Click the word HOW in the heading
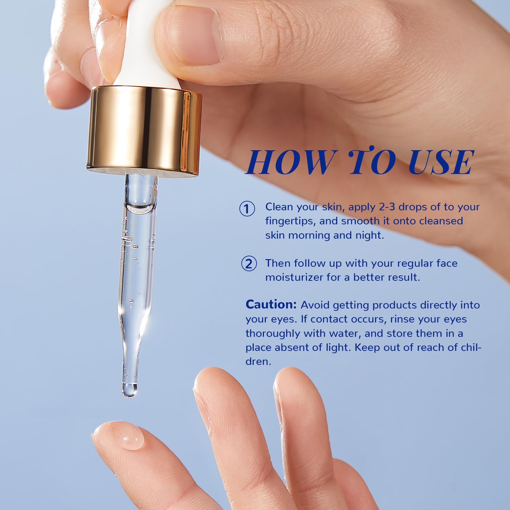(289, 162)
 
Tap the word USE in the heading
(441, 162)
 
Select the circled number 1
(247, 209)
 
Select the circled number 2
(249, 264)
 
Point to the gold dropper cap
(145, 131)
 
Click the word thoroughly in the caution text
(273, 334)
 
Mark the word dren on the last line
(258, 362)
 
